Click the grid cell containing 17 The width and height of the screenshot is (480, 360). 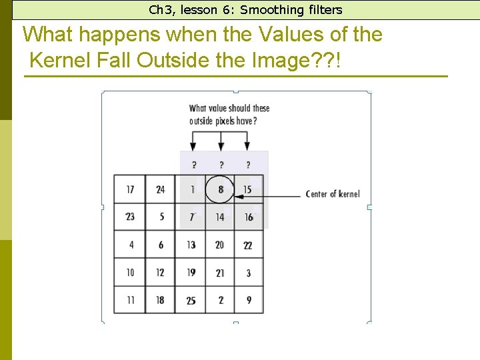pyautogui.click(x=130, y=189)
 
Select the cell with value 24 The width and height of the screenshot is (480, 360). pyautogui.click(x=161, y=189)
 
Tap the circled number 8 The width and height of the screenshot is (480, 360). pyautogui.click(x=220, y=189)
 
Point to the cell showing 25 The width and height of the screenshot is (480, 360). pyautogui.click(x=191, y=301)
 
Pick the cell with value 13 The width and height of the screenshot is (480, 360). pyautogui.click(x=191, y=245)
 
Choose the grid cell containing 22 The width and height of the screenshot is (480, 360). pyautogui.click(x=248, y=245)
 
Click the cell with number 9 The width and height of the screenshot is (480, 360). pyautogui.click(x=249, y=301)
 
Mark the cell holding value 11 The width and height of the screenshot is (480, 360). pyautogui.click(x=130, y=301)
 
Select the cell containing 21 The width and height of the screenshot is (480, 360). pyautogui.click(x=220, y=273)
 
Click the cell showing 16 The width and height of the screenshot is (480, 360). pyautogui.click(x=248, y=217)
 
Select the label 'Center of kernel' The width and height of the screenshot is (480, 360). pyautogui.click(x=332, y=194)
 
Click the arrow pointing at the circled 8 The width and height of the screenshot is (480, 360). pyautogui.click(x=267, y=195)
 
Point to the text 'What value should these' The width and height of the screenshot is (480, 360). pyautogui.click(x=229, y=108)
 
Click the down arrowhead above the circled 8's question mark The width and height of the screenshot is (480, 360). pyautogui.click(x=221, y=145)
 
